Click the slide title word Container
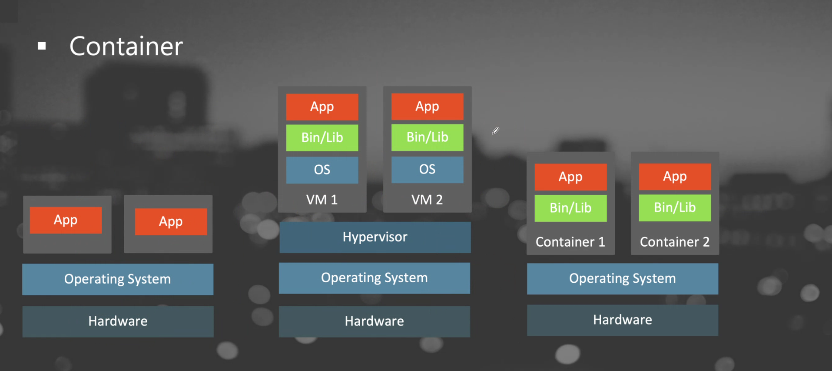coord(126,46)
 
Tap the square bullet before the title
coord(42,46)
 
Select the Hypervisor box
coord(375,237)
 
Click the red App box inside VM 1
coord(322,107)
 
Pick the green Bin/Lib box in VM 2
coord(427,137)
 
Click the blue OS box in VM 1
coord(322,170)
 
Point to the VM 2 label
coord(427,200)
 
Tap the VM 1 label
coord(322,200)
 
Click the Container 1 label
coord(570,242)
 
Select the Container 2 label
coord(674,242)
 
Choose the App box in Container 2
coord(675,177)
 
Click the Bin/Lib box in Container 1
coord(570,208)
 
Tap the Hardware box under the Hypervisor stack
coord(374,321)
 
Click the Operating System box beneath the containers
coord(622,278)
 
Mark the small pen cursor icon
coord(495,131)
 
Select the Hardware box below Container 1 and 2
coord(622,320)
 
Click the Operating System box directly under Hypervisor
coord(374,278)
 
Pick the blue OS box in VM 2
coord(427,169)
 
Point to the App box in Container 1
coord(570,177)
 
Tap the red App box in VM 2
coord(427,107)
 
